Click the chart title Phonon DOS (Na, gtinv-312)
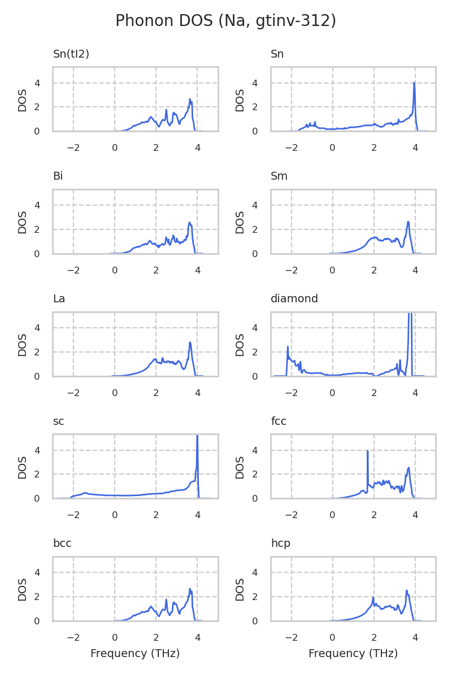click(x=225, y=21)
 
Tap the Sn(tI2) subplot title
click(x=71, y=54)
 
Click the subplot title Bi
click(x=58, y=176)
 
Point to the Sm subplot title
click(x=279, y=176)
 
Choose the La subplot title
click(x=59, y=299)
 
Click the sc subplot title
click(x=58, y=421)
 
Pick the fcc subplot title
click(x=279, y=421)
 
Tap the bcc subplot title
click(x=62, y=544)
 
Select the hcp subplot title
click(x=280, y=544)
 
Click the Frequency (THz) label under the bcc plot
click(x=135, y=654)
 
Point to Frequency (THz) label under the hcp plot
click(x=353, y=654)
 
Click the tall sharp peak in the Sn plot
click(x=414, y=84)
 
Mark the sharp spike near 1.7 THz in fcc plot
click(x=368, y=451)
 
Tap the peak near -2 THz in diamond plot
click(x=288, y=347)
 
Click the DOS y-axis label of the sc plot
click(x=23, y=466)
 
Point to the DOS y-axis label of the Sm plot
click(x=241, y=221)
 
